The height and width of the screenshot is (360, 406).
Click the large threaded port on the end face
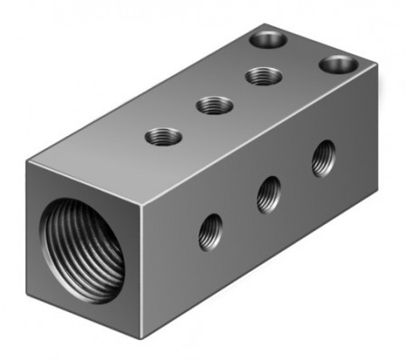coord(83,250)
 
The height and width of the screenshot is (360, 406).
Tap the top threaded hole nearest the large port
coord(162,139)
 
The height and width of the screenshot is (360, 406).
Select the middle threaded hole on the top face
coord(213,106)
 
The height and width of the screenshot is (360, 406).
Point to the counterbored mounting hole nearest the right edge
coord(339,65)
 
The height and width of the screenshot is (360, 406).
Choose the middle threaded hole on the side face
coord(268,193)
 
